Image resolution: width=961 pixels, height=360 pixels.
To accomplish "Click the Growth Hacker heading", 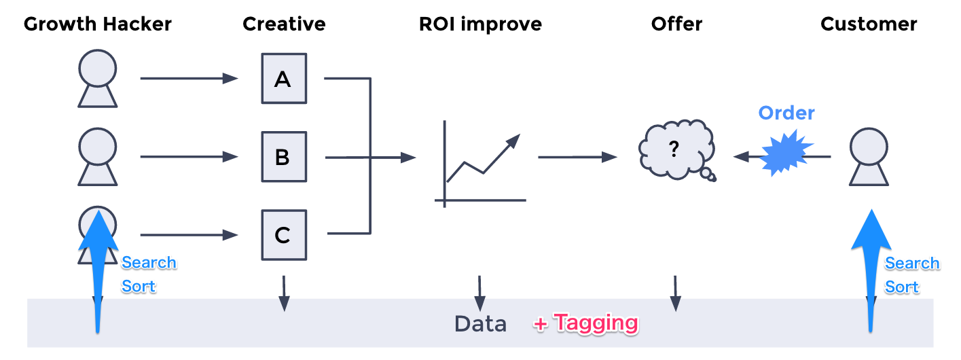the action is click(x=97, y=24).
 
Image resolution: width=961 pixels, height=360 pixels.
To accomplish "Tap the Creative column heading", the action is click(x=284, y=24).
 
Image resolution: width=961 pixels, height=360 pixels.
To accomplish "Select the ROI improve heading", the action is click(x=481, y=24).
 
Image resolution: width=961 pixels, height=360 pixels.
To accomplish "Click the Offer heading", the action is click(x=676, y=24).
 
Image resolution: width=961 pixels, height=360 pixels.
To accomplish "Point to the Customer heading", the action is click(x=869, y=24).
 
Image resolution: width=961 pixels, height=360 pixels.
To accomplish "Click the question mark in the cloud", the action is click(x=674, y=149).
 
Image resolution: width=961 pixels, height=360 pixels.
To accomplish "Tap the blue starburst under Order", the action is click(x=786, y=153).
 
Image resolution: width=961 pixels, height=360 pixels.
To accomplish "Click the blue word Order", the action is click(x=786, y=113).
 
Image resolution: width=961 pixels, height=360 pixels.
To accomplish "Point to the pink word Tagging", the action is click(x=596, y=323).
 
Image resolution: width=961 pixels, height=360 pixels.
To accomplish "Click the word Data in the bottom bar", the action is click(x=481, y=324).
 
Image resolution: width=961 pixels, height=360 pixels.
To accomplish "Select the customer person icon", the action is click(x=869, y=157).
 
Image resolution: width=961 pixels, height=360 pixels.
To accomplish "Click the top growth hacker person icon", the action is click(x=97, y=79).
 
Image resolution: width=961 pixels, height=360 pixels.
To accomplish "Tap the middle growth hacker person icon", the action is click(x=97, y=157).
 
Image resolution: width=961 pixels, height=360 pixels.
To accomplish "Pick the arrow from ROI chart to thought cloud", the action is click(x=577, y=157).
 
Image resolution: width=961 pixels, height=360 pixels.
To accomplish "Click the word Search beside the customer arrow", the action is click(x=912, y=263).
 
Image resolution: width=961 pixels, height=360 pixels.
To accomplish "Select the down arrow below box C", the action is click(x=284, y=293).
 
